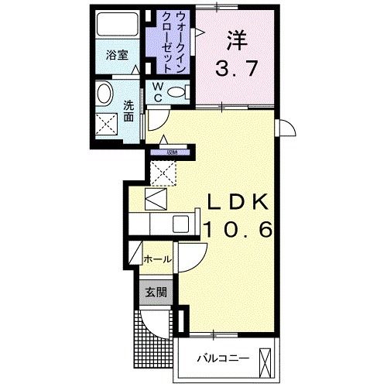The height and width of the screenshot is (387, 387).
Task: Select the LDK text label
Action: pyautogui.click(x=237, y=203)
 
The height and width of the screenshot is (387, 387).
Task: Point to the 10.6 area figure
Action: pyautogui.click(x=237, y=228)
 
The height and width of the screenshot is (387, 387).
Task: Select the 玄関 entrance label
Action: pyautogui.click(x=156, y=292)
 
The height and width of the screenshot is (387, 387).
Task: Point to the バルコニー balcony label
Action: pyautogui.click(x=222, y=358)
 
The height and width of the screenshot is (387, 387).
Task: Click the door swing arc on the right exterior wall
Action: pyautogui.click(x=286, y=130)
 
